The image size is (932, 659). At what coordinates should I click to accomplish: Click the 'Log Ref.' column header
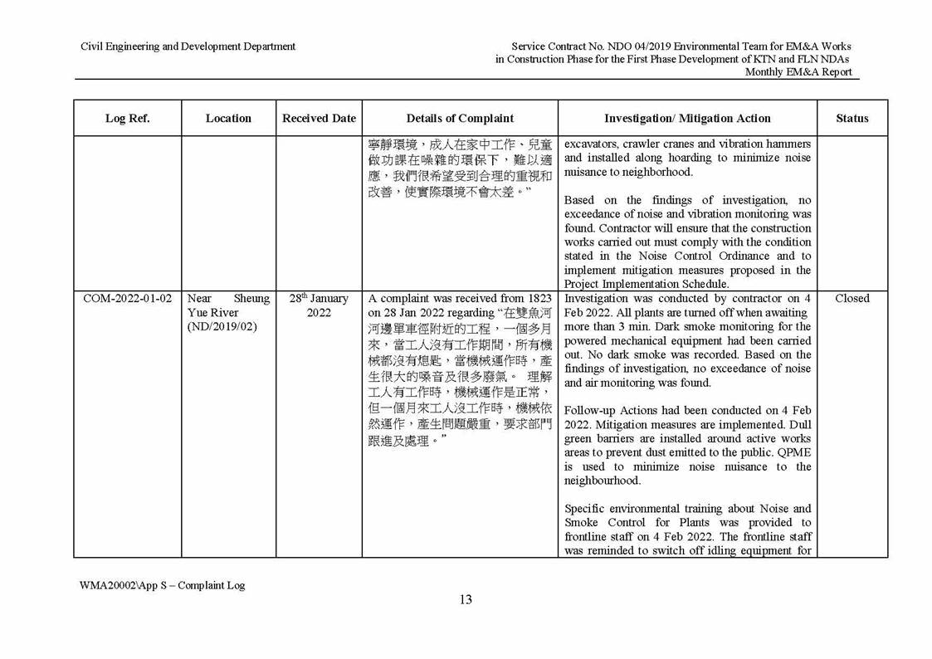coord(127,119)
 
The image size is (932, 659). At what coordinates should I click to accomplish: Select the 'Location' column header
coord(228,119)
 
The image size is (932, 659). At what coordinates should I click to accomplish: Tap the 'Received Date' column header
coord(319,119)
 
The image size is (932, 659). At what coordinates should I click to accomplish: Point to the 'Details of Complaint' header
coord(460,119)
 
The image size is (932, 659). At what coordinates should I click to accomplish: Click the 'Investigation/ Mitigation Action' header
coord(687,119)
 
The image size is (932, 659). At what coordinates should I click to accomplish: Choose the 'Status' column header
coord(851,119)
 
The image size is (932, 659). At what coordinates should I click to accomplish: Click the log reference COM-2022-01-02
coord(127,299)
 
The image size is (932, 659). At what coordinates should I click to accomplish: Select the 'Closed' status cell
coord(851,299)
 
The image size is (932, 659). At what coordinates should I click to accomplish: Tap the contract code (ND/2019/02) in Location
coord(222,327)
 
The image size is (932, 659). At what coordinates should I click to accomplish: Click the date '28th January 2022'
coord(319,305)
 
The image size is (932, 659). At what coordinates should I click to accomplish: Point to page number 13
coord(466,600)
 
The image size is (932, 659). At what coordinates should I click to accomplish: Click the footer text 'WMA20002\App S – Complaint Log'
coord(163,585)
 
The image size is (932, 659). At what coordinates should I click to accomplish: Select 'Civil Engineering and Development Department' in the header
coord(188,46)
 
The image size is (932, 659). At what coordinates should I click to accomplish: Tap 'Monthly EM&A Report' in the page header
coord(798,72)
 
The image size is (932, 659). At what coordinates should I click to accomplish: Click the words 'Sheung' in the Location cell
coord(251,299)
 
